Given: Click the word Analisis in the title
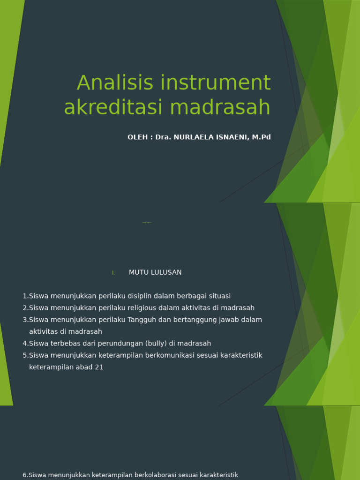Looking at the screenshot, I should tap(115, 83).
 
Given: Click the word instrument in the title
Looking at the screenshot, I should tap(216, 83).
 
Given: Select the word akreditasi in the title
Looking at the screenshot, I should tap(115, 107).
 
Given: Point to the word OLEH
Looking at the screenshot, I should tap(137, 137).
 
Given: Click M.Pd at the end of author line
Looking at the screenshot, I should tap(261, 137).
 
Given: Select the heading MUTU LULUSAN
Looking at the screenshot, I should tap(155, 272).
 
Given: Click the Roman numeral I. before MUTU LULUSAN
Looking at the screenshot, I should tap(113, 273).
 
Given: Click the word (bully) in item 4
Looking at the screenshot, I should tap(156, 344).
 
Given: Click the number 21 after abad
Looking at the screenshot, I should tap(98, 367).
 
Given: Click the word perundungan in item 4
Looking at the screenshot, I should tap(121, 344).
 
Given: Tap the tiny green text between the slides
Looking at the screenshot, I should tap(147, 223).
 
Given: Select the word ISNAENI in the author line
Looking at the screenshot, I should tap(232, 137).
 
